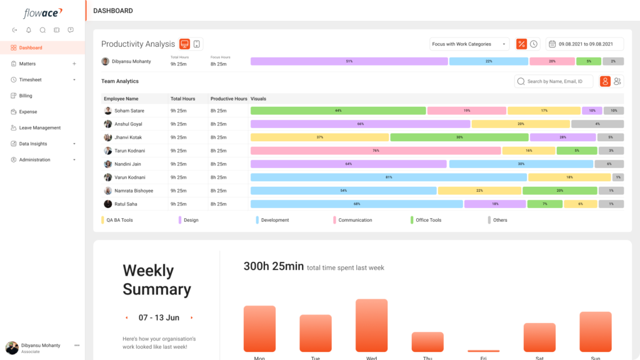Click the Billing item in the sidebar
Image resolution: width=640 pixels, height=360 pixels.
[25, 96]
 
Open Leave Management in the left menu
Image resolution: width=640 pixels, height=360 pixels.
[39, 127]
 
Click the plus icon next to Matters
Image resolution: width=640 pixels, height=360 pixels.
[74, 64]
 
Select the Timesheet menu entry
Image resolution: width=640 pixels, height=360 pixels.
[31, 80]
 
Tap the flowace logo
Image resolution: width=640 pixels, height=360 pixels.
[42, 13]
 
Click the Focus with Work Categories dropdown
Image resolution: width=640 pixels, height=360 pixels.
[469, 44]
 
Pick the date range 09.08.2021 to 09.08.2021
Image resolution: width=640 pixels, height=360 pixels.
[585, 44]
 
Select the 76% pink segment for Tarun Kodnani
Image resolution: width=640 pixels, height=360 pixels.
[376, 151]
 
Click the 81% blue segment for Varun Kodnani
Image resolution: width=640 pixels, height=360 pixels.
[388, 177]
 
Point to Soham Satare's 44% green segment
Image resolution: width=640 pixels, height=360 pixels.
[338, 111]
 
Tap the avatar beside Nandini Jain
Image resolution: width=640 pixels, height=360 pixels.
[108, 164]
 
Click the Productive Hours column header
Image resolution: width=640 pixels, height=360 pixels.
[229, 99]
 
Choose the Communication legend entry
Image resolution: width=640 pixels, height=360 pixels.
[354, 220]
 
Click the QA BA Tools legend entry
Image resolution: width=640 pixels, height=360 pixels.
[119, 220]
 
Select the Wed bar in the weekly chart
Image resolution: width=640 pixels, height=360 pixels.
[371, 326]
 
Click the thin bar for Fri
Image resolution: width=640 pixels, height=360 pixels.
[483, 351]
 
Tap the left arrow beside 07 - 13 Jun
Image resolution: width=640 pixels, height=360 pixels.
[127, 317]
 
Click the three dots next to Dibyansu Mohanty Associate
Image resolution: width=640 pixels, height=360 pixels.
[77, 345]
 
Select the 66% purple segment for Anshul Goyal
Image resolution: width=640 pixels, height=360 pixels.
[360, 124]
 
